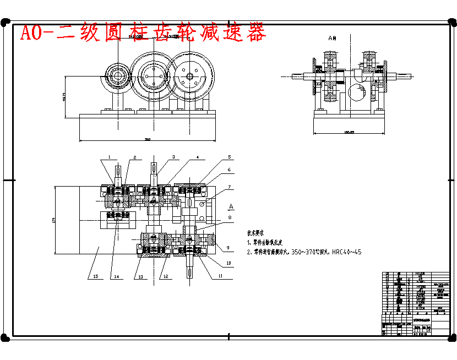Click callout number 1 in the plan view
click(110, 157)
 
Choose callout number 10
click(229, 263)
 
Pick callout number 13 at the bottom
click(141, 276)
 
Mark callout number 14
click(116, 276)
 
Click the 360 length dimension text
click(148, 139)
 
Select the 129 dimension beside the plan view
click(54, 220)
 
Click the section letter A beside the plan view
click(231, 206)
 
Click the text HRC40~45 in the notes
click(347, 252)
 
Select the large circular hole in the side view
click(358, 91)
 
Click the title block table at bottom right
click(408, 303)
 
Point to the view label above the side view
click(331, 38)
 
